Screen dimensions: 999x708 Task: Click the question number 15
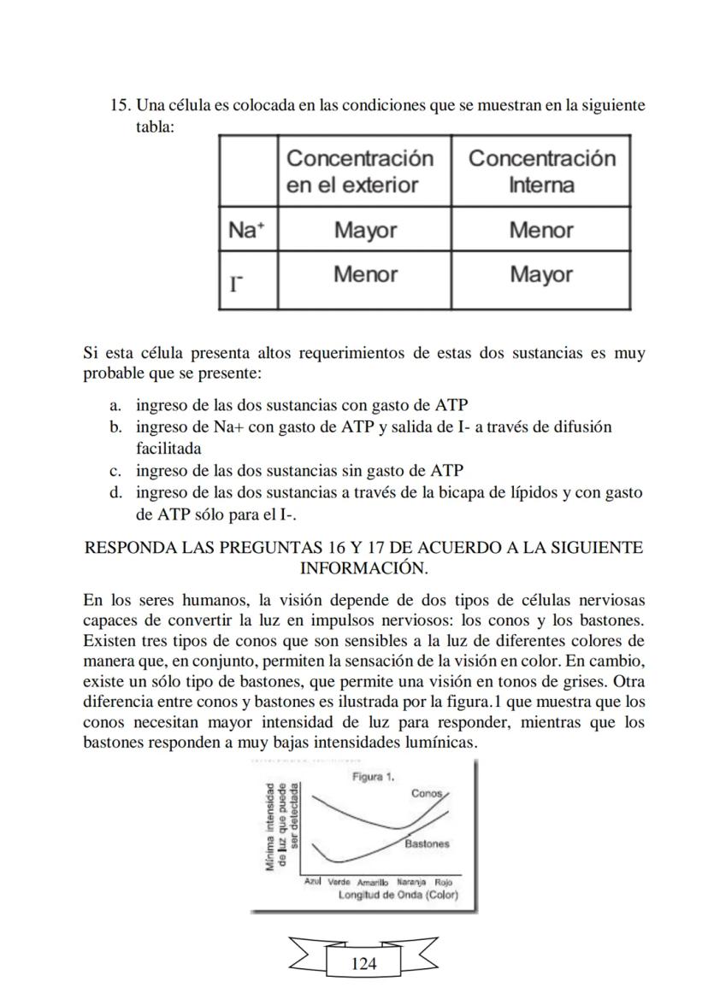click(x=120, y=106)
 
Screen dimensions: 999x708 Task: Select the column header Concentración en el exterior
click(x=360, y=171)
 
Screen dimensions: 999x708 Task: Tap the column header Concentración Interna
click(x=541, y=171)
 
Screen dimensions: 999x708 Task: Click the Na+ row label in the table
click(x=247, y=230)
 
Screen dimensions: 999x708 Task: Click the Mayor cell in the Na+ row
click(x=365, y=230)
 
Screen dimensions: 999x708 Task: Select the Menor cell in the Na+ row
click(x=541, y=230)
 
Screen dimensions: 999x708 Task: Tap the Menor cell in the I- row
click(x=365, y=274)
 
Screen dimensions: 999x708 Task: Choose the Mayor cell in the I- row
click(x=541, y=274)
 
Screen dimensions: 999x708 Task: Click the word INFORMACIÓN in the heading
click(x=363, y=567)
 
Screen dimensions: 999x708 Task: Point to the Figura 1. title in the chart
click(x=373, y=777)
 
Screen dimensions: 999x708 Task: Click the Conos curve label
click(x=427, y=793)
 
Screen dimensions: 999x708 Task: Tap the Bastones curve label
click(x=427, y=843)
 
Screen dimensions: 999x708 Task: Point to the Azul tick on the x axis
click(x=312, y=881)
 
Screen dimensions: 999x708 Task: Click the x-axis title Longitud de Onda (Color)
click(x=398, y=895)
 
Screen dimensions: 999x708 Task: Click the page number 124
click(x=363, y=964)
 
